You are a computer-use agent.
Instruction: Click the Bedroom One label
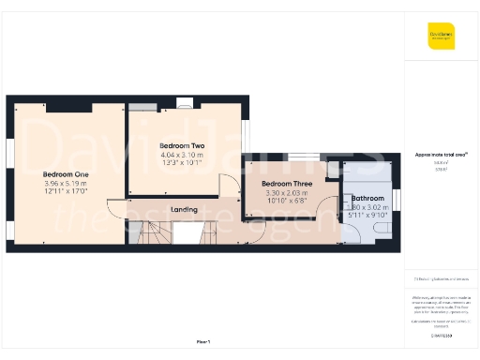(x=66, y=174)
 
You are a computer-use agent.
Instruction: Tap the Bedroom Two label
(x=181, y=146)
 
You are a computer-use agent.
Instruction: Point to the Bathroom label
(x=367, y=199)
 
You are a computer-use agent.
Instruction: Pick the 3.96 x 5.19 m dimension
(x=66, y=184)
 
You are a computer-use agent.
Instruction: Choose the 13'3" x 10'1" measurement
(x=181, y=162)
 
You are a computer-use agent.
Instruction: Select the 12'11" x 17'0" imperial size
(x=66, y=192)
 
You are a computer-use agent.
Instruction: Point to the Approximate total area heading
(x=441, y=154)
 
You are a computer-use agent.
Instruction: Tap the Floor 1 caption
(x=203, y=341)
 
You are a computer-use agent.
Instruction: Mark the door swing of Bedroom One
(x=115, y=208)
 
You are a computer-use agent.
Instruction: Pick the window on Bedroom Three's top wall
(x=301, y=156)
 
